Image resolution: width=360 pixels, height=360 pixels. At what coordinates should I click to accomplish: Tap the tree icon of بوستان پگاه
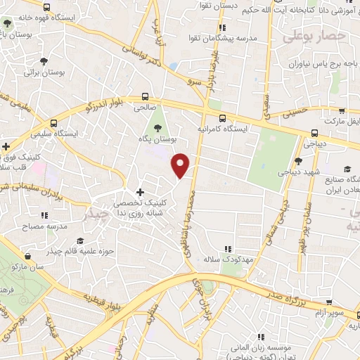click(157, 128)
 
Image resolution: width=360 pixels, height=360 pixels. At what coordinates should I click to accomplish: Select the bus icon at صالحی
click(145, 97)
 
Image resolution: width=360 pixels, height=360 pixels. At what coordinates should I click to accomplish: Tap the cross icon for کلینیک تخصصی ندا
click(140, 192)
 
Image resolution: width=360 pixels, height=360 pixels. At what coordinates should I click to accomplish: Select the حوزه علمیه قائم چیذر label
click(84, 248)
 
